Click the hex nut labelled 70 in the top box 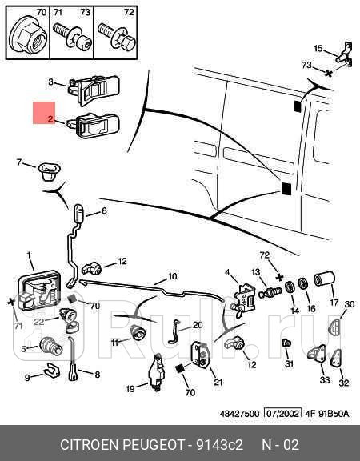click(x=28, y=38)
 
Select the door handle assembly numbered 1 click(x=39, y=291)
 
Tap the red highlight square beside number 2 click(x=44, y=113)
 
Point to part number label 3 click(x=51, y=82)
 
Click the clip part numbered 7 click(x=50, y=171)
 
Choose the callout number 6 click(x=104, y=211)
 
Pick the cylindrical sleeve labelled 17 click(x=324, y=279)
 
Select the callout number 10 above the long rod click(x=173, y=276)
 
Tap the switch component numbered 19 click(x=158, y=374)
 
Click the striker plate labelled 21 click(x=201, y=355)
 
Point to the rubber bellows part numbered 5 click(x=51, y=347)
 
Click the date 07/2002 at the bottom click(x=283, y=414)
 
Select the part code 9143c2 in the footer click(x=219, y=445)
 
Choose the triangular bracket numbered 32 click(x=336, y=359)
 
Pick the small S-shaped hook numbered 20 click(x=174, y=331)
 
